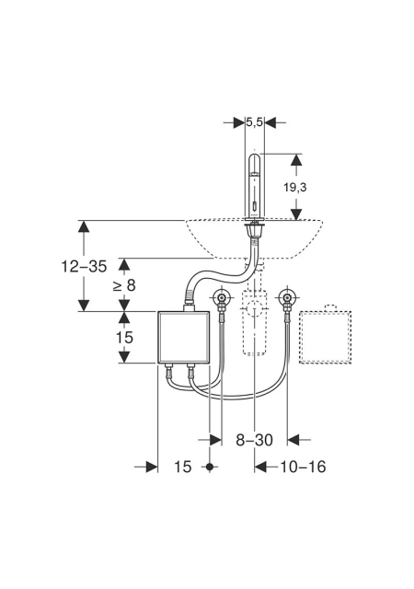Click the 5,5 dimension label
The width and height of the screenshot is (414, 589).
[254, 122]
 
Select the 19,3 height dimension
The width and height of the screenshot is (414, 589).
[294, 187]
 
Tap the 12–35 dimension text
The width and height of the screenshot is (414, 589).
[84, 266]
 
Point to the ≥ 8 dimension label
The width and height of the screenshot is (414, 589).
[124, 285]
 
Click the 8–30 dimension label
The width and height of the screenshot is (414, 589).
[254, 440]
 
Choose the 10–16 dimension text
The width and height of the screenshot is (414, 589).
[303, 467]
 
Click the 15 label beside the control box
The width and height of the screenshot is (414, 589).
[124, 338]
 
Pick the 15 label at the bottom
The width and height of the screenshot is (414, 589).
[182, 467]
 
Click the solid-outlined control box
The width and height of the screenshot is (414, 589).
[183, 337]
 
